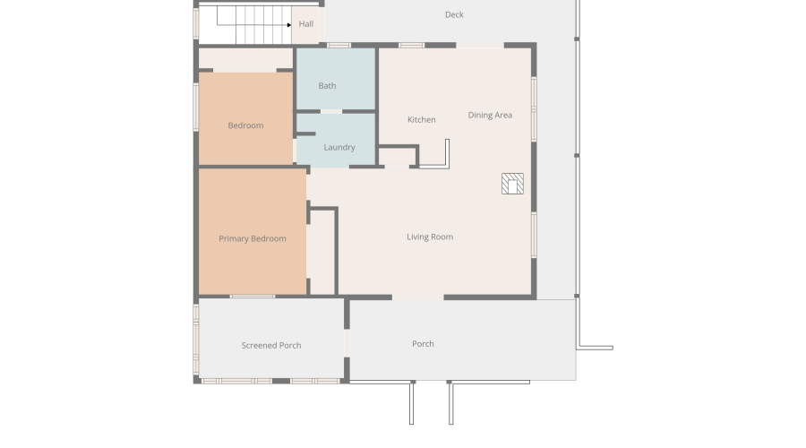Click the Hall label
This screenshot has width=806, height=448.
point(306,23)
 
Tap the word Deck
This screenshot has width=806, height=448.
point(454,15)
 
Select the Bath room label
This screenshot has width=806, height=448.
point(327,86)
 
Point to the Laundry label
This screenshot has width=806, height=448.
point(339,148)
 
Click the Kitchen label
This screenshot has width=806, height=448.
point(422,120)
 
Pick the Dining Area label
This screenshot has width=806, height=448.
point(490,116)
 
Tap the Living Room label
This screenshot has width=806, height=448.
point(430,237)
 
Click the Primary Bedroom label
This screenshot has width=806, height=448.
point(253,238)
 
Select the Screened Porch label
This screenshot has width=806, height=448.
point(271,346)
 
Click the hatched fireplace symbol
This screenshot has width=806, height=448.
point(512,184)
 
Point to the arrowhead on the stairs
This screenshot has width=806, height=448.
point(289,25)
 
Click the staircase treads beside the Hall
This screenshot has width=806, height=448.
point(263,25)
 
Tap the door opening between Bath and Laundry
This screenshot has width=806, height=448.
point(331,111)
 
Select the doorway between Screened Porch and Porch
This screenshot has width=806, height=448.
point(347,343)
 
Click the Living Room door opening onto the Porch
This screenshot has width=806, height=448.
point(418,297)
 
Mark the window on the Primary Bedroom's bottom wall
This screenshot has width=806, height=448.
point(252,297)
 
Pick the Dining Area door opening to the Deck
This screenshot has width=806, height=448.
point(480,46)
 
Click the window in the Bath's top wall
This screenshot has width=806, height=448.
point(339,46)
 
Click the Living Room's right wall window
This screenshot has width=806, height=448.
point(534,235)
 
